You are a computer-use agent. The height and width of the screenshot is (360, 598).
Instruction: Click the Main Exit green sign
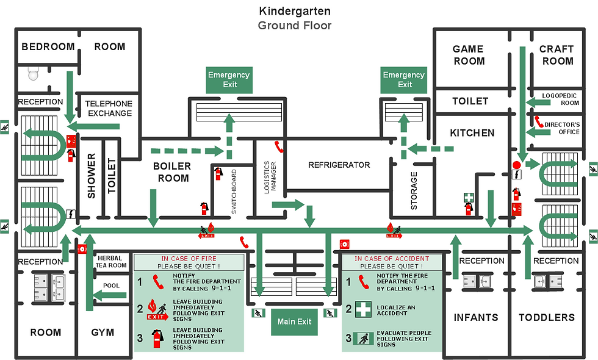click(x=294, y=322)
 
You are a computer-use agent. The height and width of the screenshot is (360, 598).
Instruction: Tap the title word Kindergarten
click(x=295, y=10)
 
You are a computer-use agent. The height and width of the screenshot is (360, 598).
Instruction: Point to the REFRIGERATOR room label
click(x=339, y=165)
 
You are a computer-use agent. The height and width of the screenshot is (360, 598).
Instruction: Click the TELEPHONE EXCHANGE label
click(x=109, y=109)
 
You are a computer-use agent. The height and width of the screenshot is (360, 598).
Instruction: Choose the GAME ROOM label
click(x=469, y=55)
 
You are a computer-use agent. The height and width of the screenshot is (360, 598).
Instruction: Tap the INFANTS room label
click(x=475, y=317)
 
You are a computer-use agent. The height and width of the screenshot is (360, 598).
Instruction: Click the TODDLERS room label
click(x=547, y=317)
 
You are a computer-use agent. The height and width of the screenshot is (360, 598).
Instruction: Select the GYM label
click(x=103, y=333)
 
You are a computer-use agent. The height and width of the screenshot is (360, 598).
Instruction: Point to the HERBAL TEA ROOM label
click(x=112, y=262)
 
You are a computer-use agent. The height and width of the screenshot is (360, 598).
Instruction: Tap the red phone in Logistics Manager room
click(x=279, y=146)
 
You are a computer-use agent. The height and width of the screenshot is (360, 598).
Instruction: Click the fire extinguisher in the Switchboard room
click(x=218, y=174)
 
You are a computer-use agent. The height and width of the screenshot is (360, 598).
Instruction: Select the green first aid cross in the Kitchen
click(x=468, y=197)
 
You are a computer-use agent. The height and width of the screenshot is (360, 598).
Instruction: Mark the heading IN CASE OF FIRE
click(x=189, y=259)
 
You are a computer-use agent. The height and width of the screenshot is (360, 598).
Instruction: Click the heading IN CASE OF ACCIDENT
click(x=392, y=259)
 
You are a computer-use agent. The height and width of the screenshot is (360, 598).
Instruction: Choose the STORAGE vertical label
click(x=414, y=190)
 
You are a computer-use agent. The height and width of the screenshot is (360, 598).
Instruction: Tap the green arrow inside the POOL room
click(x=112, y=296)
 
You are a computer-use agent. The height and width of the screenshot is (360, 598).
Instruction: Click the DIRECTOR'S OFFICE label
click(x=562, y=128)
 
